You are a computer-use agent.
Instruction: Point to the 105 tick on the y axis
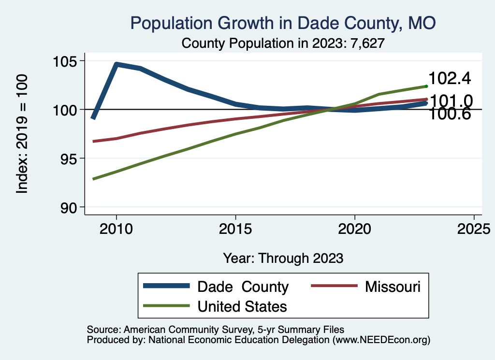pyautogui.click(x=66, y=61)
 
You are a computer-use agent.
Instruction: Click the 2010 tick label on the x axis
pyautogui.click(x=116, y=229)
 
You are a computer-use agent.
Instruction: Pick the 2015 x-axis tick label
pyautogui.click(x=235, y=229)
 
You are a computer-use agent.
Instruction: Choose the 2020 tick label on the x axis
pyautogui.click(x=355, y=229)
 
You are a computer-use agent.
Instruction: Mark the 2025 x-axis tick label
pyautogui.click(x=474, y=229)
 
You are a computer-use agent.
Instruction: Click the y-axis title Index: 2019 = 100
pyautogui.click(x=22, y=134)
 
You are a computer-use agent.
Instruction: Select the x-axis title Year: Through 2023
pyautogui.click(x=283, y=258)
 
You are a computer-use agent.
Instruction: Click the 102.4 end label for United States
pyautogui.click(x=450, y=78)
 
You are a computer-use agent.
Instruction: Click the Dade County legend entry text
pyautogui.click(x=243, y=287)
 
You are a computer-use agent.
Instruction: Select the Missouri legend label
pyautogui.click(x=393, y=287)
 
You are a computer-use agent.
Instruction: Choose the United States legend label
pyautogui.click(x=242, y=306)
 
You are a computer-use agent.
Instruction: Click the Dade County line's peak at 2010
pyautogui.click(x=116, y=64)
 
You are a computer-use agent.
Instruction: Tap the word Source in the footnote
pyautogui.click(x=102, y=330)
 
